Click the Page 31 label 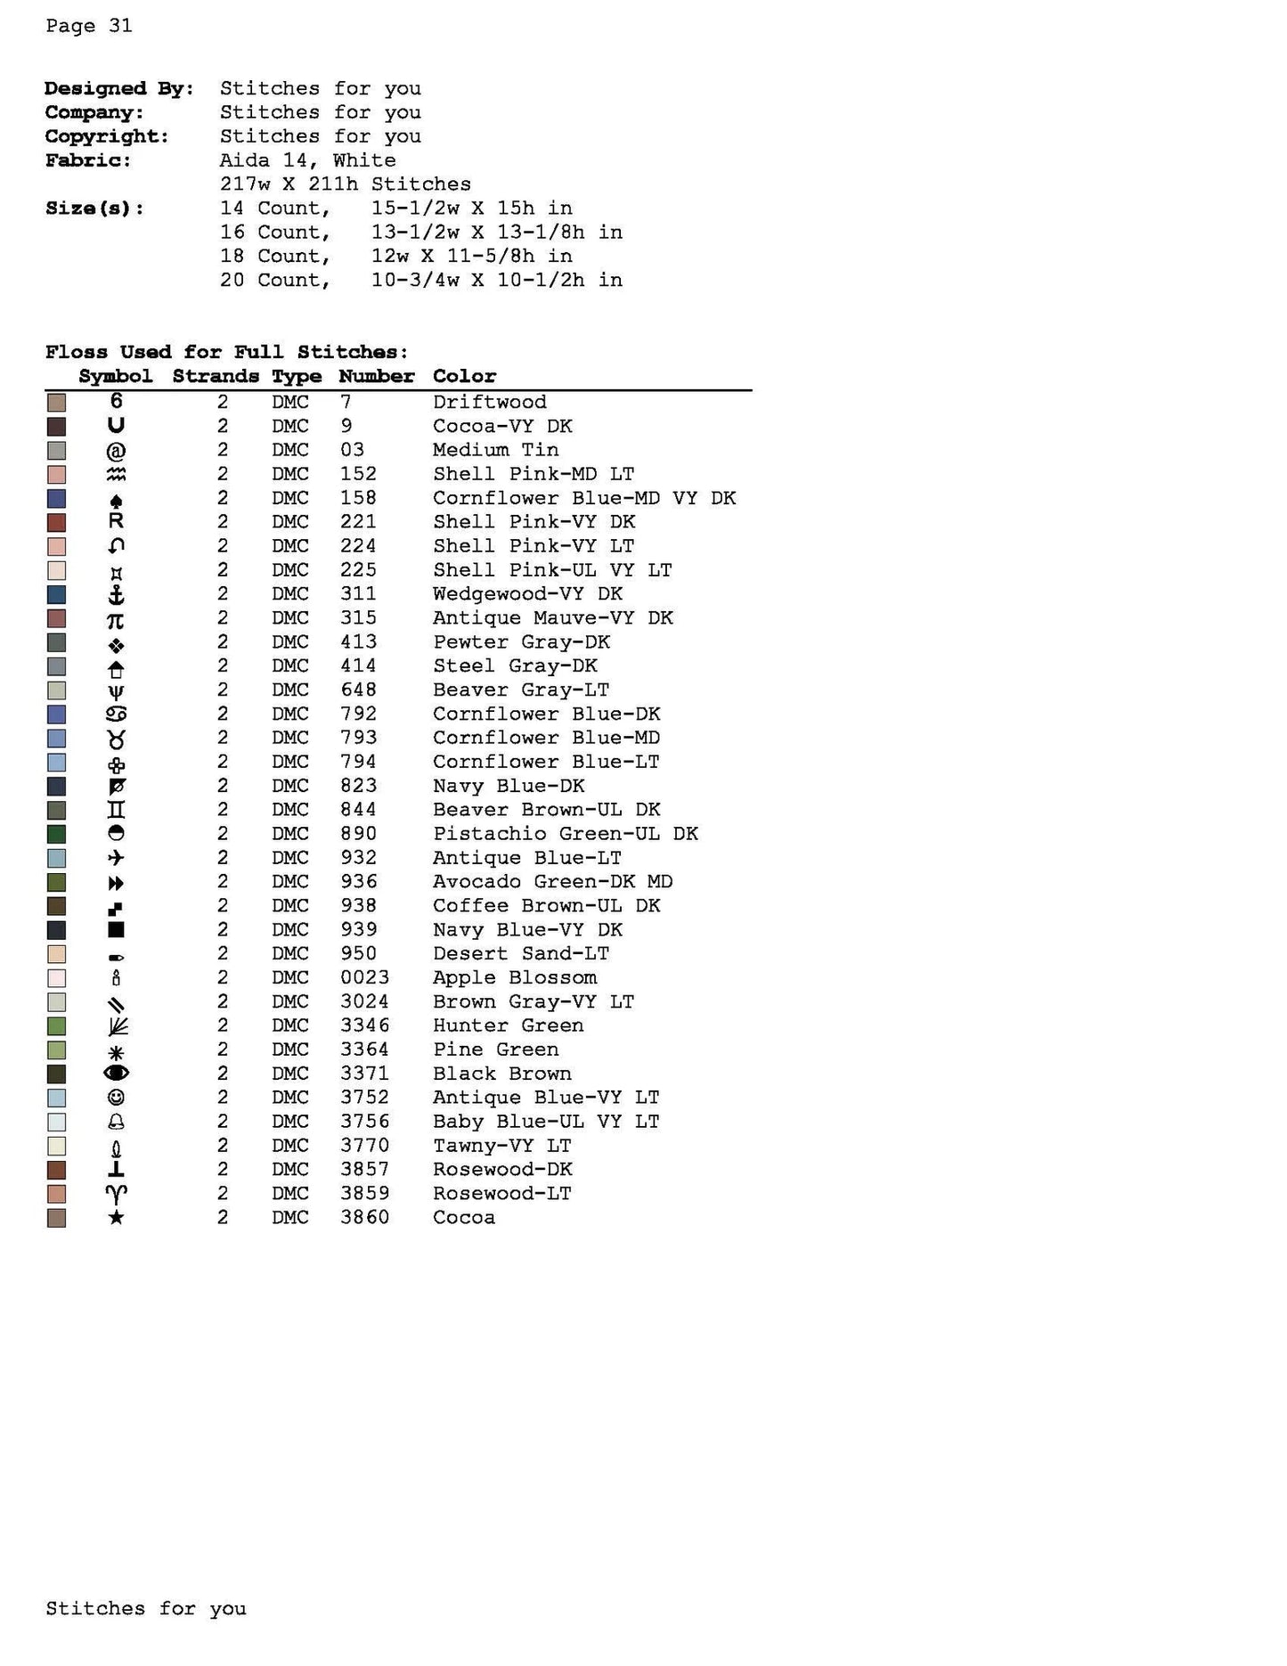pyautogui.click(x=89, y=26)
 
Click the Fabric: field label pyautogui.click(x=88, y=160)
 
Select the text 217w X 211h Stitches pyautogui.click(x=346, y=184)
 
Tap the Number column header pyautogui.click(x=376, y=376)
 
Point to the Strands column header pyautogui.click(x=216, y=376)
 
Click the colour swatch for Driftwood pyautogui.click(x=57, y=403)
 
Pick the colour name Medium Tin pyautogui.click(x=495, y=450)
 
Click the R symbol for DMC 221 pyautogui.click(x=116, y=521)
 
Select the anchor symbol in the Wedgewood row pyautogui.click(x=116, y=594)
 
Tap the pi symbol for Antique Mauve pyautogui.click(x=116, y=619)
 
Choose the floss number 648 pyautogui.click(x=358, y=690)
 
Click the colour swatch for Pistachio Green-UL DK pyautogui.click(x=57, y=834)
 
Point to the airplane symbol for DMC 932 pyautogui.click(x=116, y=858)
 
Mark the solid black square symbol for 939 pyautogui.click(x=116, y=929)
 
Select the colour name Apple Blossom pyautogui.click(x=515, y=977)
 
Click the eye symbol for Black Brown pyautogui.click(x=116, y=1074)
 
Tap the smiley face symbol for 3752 pyautogui.click(x=116, y=1098)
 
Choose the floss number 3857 pyautogui.click(x=364, y=1169)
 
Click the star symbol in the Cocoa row pyautogui.click(x=116, y=1217)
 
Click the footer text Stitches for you pyautogui.click(x=146, y=1608)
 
